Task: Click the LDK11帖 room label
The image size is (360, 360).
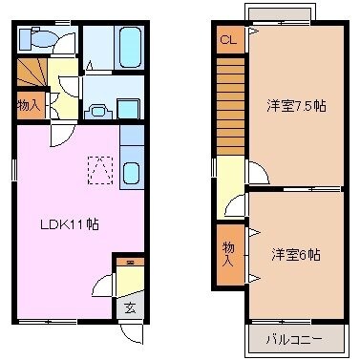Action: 70,225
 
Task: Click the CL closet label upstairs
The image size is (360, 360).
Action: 227,40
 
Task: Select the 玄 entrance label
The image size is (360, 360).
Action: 129,307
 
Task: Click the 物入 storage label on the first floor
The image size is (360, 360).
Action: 29,104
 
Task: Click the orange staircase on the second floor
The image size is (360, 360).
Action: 230,105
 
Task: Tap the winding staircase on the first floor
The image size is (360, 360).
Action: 32,73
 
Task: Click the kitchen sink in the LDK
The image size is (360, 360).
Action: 132,175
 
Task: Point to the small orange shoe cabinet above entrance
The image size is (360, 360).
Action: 130,261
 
